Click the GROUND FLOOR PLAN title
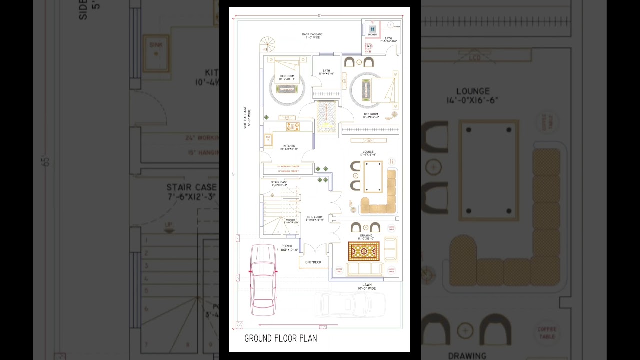coord(280,339)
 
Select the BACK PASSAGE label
coord(312,36)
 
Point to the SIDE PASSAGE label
coord(246,118)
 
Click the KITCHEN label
coord(289,147)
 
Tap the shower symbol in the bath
coord(372,29)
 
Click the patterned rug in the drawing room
coord(364,251)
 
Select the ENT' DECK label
coord(313,262)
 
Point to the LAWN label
coord(367,286)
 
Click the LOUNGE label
coord(368,153)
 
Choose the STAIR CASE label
coord(279,184)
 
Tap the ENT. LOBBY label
coord(315,218)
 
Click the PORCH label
coord(287,247)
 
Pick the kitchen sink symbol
coord(268,139)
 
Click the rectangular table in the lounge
coord(373,176)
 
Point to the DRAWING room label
coord(366,237)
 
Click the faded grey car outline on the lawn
coord(350,304)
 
